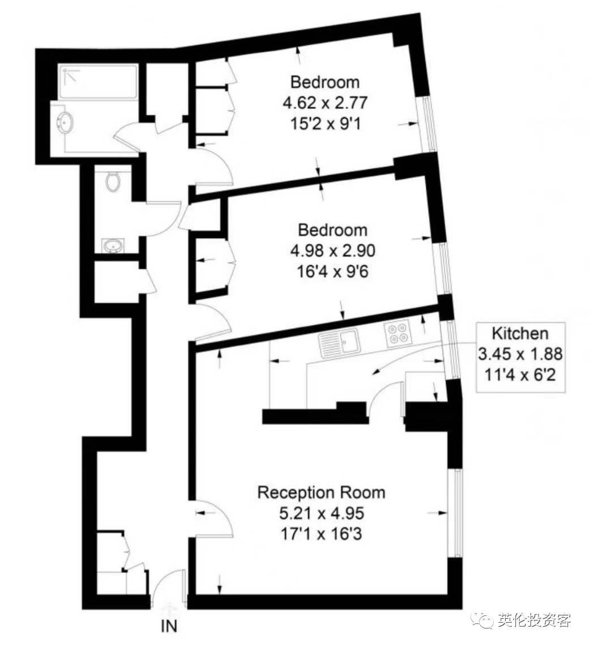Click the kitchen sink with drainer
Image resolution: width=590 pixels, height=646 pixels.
point(339,343)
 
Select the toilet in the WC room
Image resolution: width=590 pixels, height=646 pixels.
point(113,181)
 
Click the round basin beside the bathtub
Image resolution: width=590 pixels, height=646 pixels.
point(66,122)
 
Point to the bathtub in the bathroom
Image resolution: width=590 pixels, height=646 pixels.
point(97,82)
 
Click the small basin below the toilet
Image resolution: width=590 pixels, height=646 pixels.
point(113,246)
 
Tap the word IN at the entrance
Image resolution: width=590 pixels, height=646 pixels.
point(169,626)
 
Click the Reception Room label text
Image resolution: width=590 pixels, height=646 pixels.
point(321,492)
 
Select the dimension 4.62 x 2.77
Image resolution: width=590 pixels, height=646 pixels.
point(325,103)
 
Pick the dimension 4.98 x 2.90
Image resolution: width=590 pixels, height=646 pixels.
point(332,250)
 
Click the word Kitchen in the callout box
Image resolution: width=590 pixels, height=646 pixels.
point(520,333)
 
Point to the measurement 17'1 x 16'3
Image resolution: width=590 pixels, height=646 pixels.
point(321,534)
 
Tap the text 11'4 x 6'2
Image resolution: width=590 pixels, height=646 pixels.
point(520,375)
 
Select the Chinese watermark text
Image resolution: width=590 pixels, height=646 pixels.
point(534,619)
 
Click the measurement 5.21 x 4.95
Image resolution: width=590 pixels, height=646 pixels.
point(322,513)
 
